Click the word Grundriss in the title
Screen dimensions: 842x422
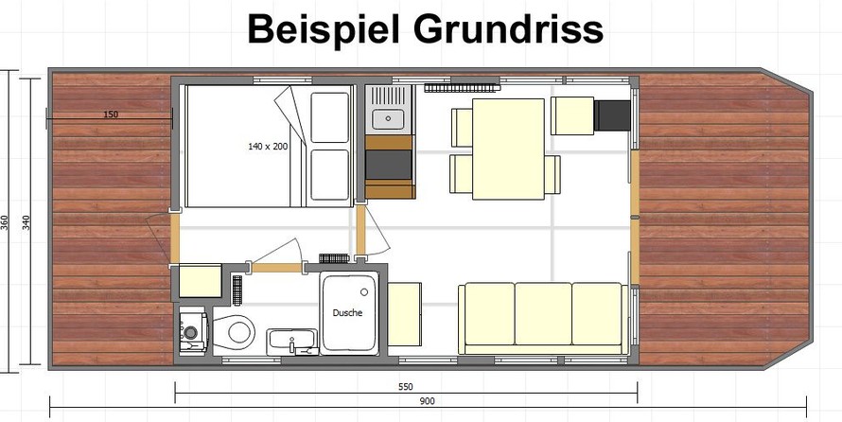click(x=508, y=29)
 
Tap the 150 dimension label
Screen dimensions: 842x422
click(x=111, y=114)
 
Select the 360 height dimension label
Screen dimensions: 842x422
click(x=5, y=222)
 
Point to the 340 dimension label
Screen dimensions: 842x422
click(x=26, y=222)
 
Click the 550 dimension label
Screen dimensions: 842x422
click(x=406, y=387)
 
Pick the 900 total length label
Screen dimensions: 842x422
click(x=428, y=401)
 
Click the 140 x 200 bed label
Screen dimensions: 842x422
click(x=268, y=146)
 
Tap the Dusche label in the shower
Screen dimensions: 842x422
click(x=347, y=313)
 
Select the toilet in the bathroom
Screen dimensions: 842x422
click(x=234, y=331)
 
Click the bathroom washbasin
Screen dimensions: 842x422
click(x=292, y=341)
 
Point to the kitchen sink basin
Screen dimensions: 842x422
click(x=388, y=119)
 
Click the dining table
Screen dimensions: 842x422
click(x=508, y=149)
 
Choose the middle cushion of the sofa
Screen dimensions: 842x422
click(x=543, y=313)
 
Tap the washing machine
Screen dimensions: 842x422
click(x=192, y=330)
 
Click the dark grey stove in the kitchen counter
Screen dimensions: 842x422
click(x=389, y=165)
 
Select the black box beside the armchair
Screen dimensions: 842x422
click(x=612, y=115)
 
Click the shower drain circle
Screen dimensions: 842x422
click(x=364, y=292)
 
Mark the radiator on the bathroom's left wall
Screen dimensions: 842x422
click(x=237, y=290)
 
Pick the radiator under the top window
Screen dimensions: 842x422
click(x=462, y=87)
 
